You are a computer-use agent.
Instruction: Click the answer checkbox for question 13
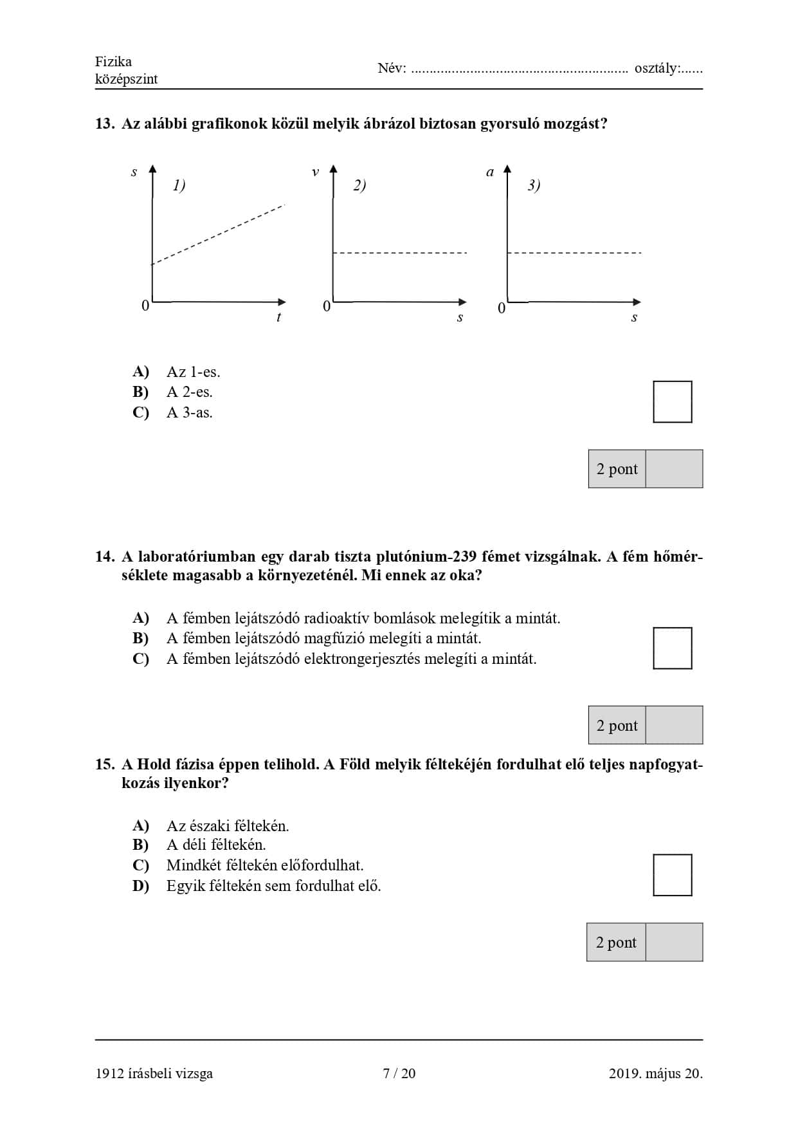[672, 402]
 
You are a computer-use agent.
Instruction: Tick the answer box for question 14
[672, 648]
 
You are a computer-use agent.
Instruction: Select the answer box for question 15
[672, 875]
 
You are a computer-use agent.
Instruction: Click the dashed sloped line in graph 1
[219, 234]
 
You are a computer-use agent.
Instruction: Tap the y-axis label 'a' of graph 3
[490, 172]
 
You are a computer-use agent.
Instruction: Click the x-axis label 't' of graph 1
[278, 317]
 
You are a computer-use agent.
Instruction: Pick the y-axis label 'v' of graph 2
[315, 172]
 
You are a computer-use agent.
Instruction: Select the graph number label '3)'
[534, 185]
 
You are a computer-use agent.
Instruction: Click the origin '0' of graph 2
[327, 306]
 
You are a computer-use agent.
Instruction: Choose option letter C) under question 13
[141, 412]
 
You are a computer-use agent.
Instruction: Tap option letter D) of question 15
[141, 886]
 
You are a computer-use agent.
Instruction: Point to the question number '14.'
[105, 556]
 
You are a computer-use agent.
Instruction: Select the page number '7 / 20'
[399, 1073]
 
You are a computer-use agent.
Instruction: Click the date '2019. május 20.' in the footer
[655, 1073]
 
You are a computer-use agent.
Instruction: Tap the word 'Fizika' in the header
[113, 62]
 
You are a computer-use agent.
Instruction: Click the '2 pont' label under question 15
[616, 942]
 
